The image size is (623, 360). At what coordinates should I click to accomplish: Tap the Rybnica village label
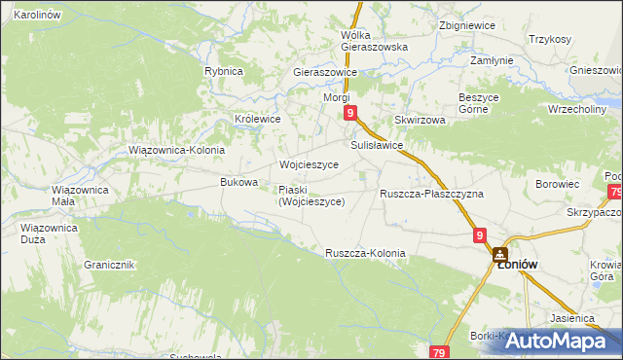(223, 71)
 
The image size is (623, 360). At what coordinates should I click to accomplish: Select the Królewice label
(258, 119)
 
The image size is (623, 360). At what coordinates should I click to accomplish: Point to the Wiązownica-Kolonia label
(177, 151)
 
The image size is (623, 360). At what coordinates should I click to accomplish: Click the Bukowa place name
(239, 182)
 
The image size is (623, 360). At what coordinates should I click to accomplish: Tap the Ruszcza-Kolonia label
(365, 253)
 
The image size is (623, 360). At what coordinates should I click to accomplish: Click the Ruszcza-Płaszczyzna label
(431, 194)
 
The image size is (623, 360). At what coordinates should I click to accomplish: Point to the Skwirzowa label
(420, 120)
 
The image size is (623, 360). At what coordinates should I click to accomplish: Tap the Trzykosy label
(550, 39)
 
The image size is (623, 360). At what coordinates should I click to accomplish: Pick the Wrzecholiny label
(577, 109)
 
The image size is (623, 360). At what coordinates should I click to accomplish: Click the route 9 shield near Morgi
(350, 114)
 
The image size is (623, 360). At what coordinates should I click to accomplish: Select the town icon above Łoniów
(500, 252)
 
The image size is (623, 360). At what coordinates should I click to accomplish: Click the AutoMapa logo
(558, 340)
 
